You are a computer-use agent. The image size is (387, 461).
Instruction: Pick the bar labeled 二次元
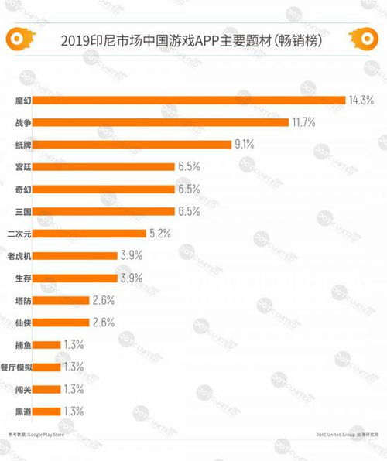pyautogui.click(x=91, y=233)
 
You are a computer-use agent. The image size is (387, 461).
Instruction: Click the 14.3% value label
pyautogui.click(x=361, y=100)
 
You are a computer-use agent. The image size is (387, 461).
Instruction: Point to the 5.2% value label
pyautogui.click(x=159, y=233)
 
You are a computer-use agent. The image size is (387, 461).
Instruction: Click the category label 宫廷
pyautogui.click(x=25, y=166)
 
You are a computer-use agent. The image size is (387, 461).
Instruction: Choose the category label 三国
pyautogui.click(x=25, y=210)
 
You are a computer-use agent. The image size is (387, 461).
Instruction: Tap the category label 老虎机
pyautogui.click(x=20, y=255)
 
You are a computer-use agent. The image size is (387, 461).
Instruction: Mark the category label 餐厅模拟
pyautogui.click(x=18, y=367)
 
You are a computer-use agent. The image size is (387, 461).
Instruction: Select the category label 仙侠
pyautogui.click(x=25, y=322)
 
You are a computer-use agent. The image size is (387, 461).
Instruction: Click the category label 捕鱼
pyautogui.click(x=25, y=344)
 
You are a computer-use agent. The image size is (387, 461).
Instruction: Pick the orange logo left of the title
pyautogui.click(x=17, y=38)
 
